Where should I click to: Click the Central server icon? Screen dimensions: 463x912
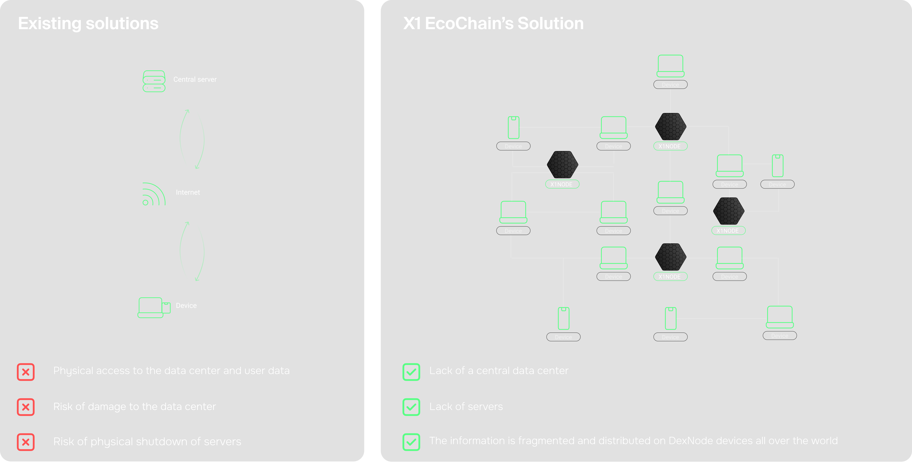(154, 81)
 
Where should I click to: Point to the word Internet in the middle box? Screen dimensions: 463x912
(188, 192)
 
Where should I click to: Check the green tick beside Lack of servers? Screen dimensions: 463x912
(411, 407)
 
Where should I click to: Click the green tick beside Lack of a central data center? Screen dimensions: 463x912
(411, 372)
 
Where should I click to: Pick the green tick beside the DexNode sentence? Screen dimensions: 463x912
(411, 442)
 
